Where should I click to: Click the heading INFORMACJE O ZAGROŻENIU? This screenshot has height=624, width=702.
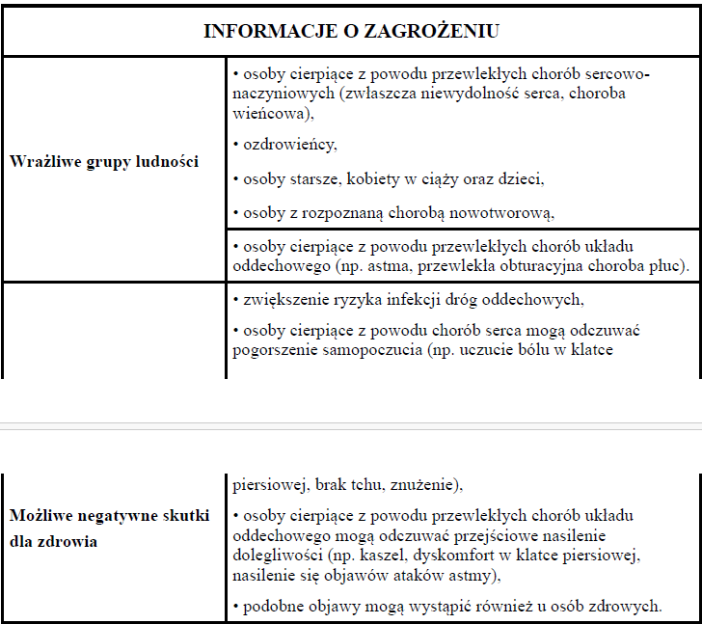[x=351, y=31]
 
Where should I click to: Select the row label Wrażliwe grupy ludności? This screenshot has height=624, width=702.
[x=104, y=161]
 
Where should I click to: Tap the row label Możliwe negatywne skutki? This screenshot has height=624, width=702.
[x=109, y=516]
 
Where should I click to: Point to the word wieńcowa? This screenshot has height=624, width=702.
[x=272, y=112]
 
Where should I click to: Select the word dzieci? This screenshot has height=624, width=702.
[x=522, y=178]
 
